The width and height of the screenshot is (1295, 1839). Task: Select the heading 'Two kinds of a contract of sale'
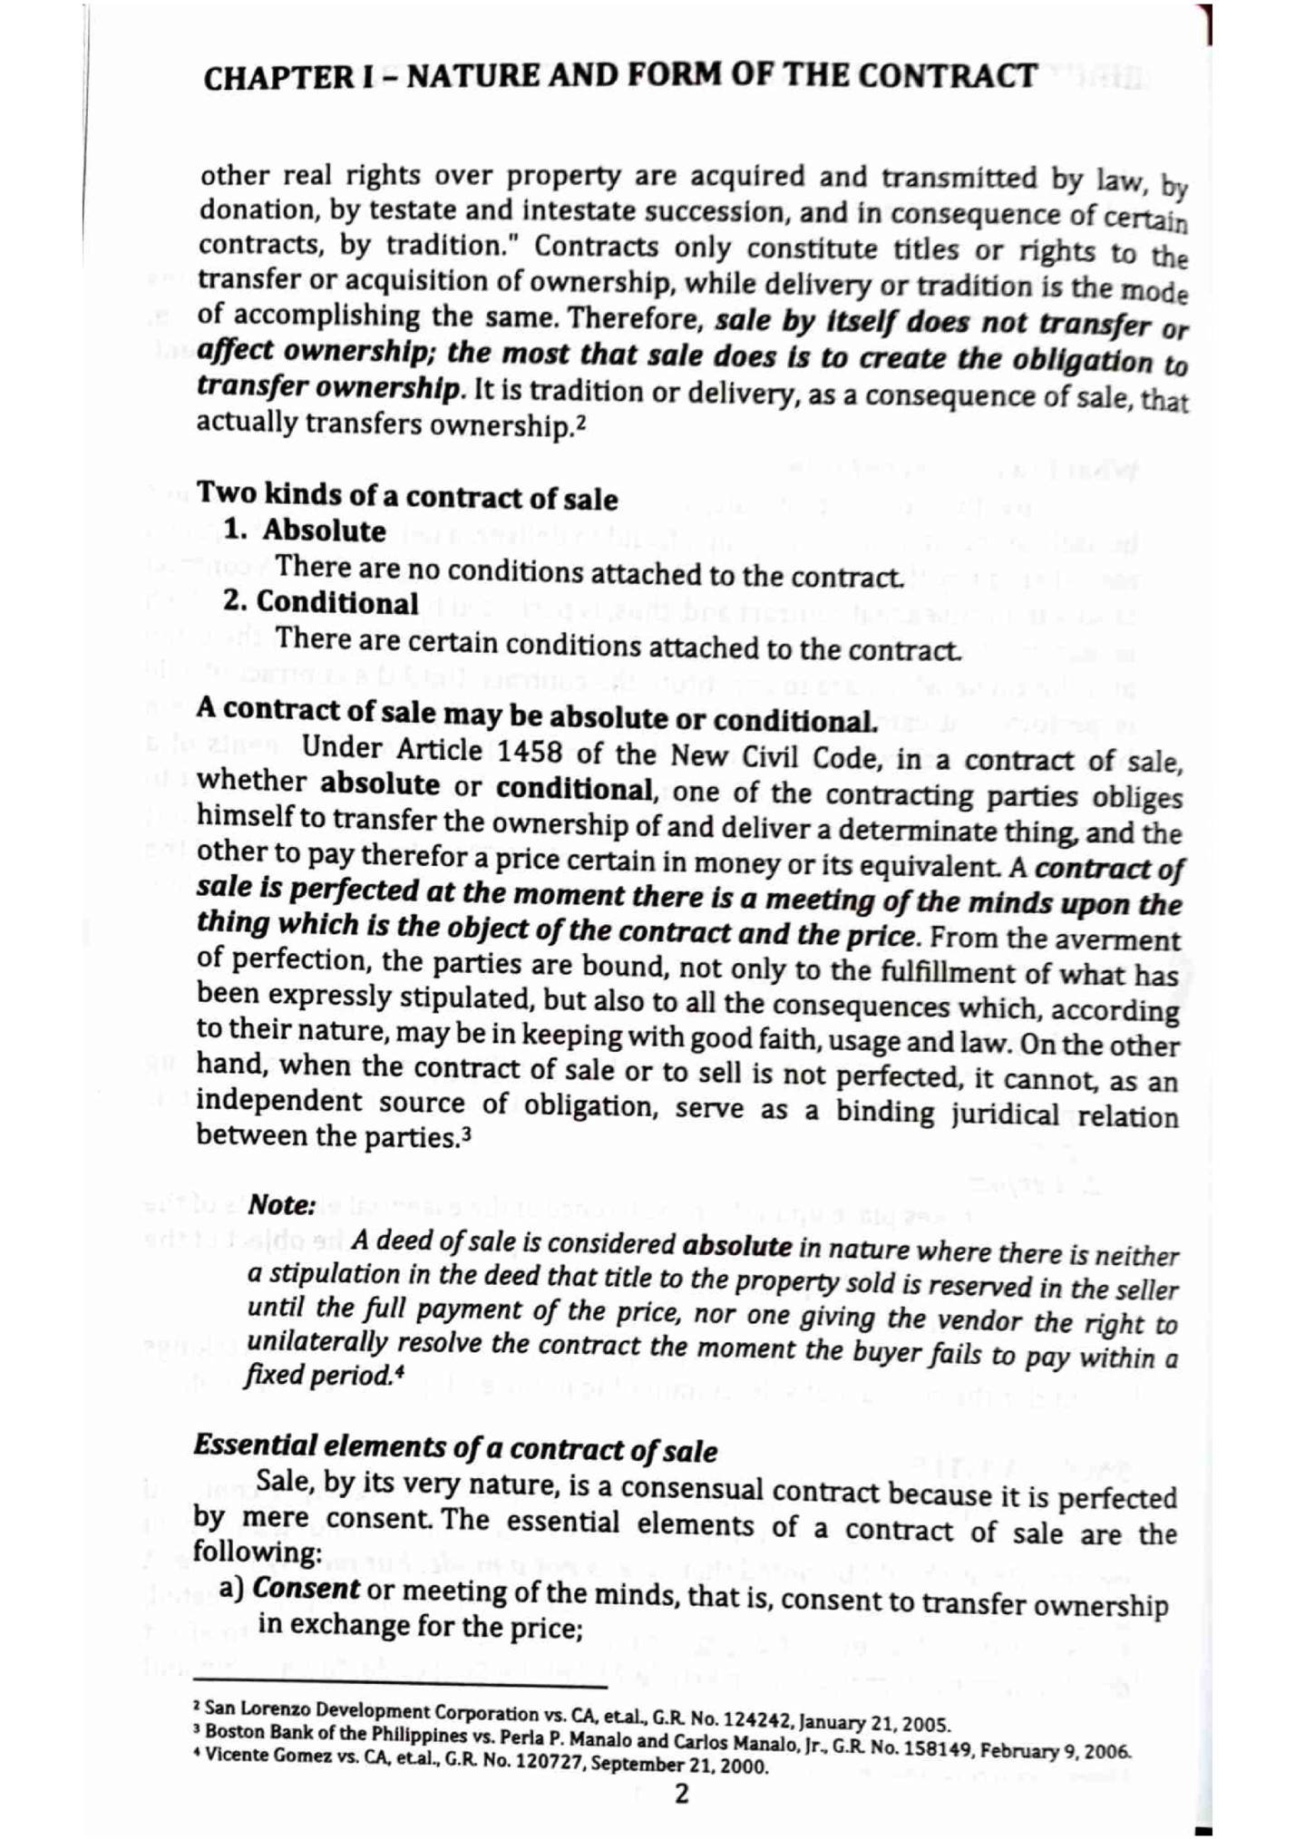click(x=407, y=496)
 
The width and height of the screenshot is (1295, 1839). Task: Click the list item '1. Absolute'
click(x=306, y=530)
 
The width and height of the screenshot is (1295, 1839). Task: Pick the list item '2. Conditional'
click(x=321, y=603)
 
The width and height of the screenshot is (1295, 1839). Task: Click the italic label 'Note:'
click(x=282, y=1204)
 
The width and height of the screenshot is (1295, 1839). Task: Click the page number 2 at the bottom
click(x=682, y=1793)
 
